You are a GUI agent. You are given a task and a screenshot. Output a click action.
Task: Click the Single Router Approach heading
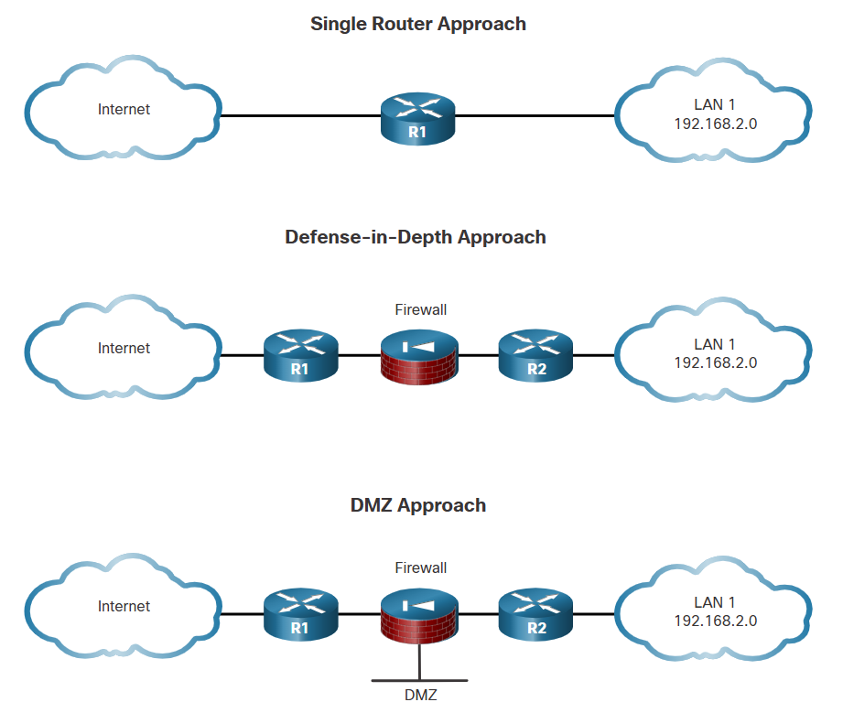point(418,24)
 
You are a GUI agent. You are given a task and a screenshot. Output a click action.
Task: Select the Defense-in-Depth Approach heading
point(416,237)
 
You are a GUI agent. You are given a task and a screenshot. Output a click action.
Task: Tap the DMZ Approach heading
point(418,505)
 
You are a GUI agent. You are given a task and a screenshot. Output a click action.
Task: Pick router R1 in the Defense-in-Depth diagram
point(300,356)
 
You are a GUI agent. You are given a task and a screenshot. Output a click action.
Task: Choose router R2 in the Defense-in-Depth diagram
point(536,356)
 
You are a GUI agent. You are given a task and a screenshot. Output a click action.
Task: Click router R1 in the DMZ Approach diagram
point(300,614)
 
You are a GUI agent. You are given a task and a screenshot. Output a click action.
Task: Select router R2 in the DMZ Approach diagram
point(536,614)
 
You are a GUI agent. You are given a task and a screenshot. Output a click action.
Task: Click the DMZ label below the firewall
point(421,696)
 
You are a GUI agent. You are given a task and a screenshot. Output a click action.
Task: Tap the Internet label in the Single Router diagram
point(124,110)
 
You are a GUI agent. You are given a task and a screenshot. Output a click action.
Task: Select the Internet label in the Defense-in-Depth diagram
point(124,349)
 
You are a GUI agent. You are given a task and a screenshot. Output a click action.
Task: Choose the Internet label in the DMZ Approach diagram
point(124,607)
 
